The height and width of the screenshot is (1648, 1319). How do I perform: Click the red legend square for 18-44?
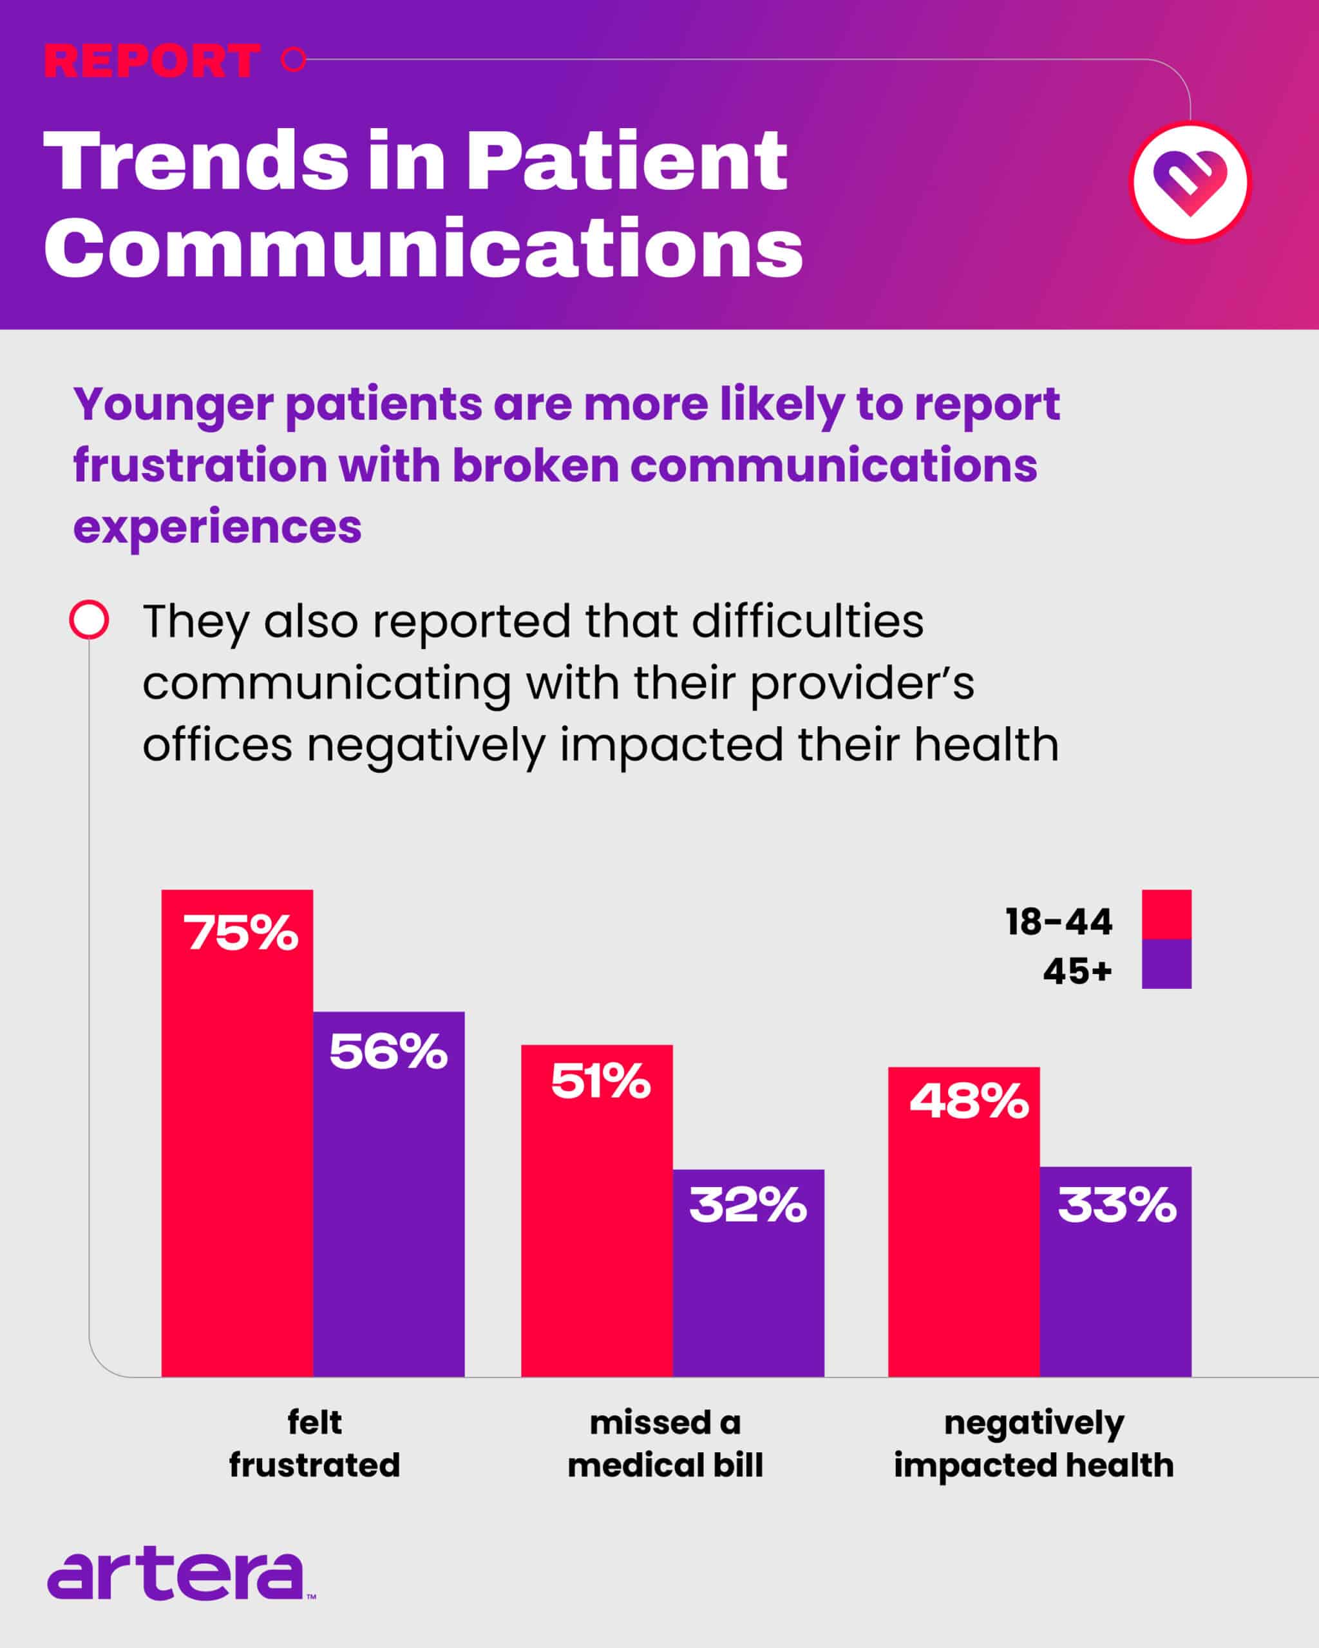(x=1166, y=914)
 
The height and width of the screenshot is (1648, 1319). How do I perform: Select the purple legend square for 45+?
(x=1166, y=964)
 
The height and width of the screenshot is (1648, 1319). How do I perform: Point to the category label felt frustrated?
(x=314, y=1444)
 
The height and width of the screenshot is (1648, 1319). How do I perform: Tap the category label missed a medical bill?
(x=665, y=1444)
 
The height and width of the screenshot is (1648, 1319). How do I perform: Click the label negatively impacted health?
(x=1034, y=1444)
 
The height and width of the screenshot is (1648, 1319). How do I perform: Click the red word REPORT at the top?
(x=151, y=61)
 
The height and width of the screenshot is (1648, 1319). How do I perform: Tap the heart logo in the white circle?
(x=1190, y=182)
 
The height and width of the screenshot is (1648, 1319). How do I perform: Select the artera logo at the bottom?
(x=180, y=1575)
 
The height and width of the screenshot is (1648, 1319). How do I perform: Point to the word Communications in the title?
(x=423, y=248)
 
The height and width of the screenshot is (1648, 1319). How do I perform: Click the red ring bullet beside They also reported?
(x=89, y=619)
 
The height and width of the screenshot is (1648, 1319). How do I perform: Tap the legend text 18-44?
(x=1058, y=922)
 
